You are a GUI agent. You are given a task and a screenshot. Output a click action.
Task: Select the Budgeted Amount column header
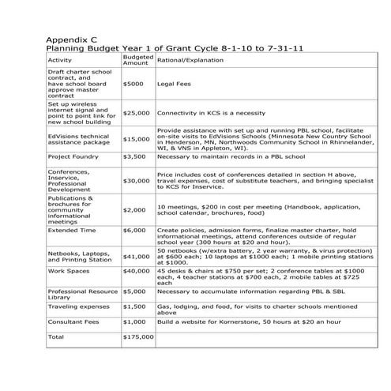pyautogui.click(x=136, y=60)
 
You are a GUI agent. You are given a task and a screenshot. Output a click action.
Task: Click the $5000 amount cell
pyautogui.click(x=133, y=82)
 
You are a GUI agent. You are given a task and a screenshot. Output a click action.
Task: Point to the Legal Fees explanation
pyautogui.click(x=175, y=82)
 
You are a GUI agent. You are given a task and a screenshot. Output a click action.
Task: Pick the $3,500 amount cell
pyautogui.click(x=134, y=156)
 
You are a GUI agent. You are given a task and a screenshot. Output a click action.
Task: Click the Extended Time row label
pyautogui.click(x=73, y=231)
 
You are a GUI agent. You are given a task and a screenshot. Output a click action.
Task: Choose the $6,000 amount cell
pyautogui.click(x=134, y=231)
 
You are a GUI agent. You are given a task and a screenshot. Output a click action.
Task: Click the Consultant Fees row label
pyautogui.click(x=77, y=321)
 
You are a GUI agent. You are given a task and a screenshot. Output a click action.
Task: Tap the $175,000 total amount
pyautogui.click(x=138, y=337)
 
